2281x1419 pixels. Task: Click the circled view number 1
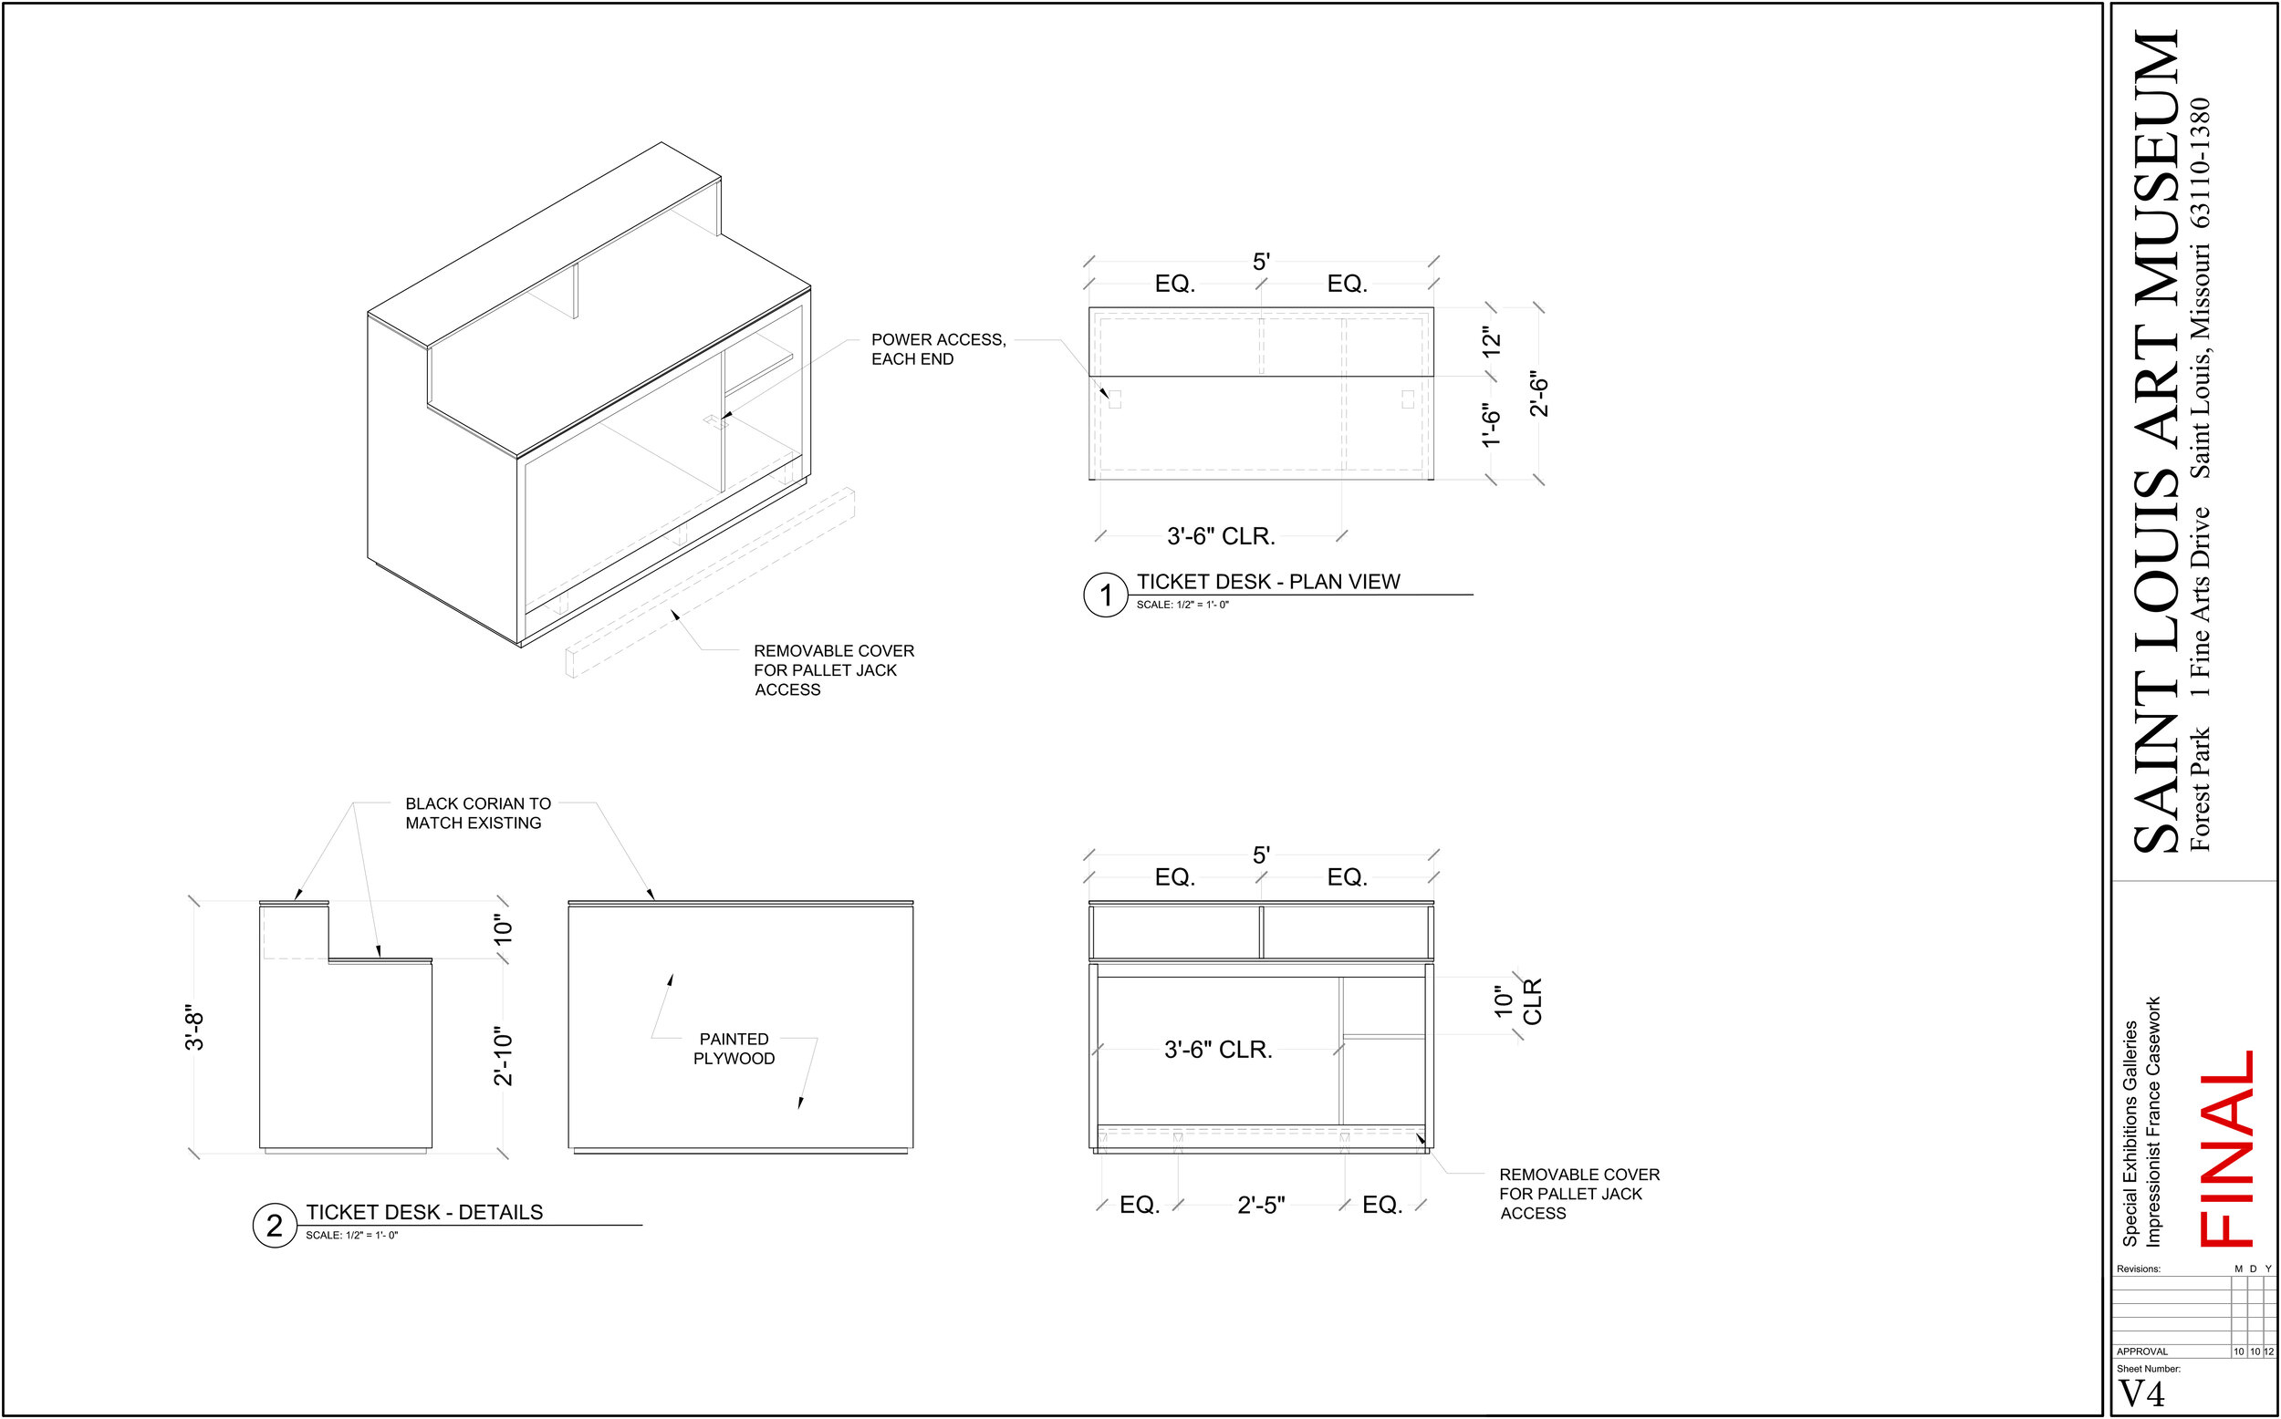pos(1106,595)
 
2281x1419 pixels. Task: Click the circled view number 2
pos(274,1226)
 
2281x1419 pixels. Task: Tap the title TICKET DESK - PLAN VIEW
pos(1268,582)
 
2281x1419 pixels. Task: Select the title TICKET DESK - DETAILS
pos(424,1213)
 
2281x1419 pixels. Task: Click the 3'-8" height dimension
pos(194,1029)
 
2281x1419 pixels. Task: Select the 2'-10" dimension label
pos(504,1056)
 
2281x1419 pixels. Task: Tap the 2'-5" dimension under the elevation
pos(1261,1205)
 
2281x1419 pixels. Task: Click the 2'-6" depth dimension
pos(1539,394)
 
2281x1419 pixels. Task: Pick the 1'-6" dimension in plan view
pos(1492,426)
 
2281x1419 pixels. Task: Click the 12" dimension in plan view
pos(1492,342)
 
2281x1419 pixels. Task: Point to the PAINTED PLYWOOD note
pos(734,1049)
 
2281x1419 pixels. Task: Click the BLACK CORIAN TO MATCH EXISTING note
pos(478,813)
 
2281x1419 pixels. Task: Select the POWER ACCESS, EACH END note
pos(939,349)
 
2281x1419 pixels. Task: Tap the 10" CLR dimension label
pos(1518,1001)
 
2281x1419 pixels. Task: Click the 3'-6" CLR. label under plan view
pos(1220,536)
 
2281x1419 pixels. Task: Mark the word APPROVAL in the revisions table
pos(2142,1352)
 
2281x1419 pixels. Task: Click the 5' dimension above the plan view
pos(1261,262)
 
